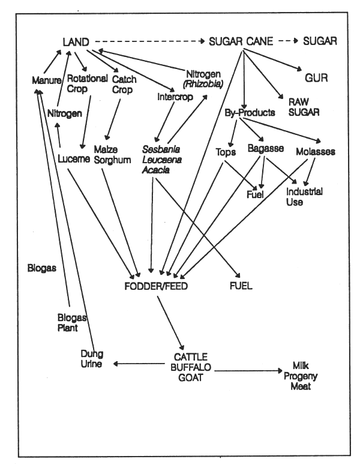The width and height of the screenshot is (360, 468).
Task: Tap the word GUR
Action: pos(313,78)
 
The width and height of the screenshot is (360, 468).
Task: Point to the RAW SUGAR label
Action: pos(298,107)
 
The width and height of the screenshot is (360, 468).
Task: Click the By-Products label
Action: pos(250,112)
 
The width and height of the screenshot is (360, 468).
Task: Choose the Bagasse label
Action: pos(265,148)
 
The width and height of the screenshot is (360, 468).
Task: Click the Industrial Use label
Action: pos(304,197)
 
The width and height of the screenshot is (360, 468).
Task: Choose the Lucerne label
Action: pos(74,159)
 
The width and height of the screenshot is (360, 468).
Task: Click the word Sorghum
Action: pos(112,160)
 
